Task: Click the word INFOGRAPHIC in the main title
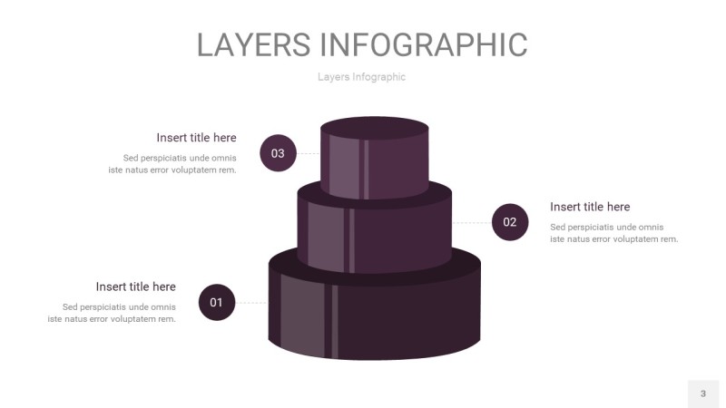(x=424, y=44)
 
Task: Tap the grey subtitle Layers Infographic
(x=361, y=77)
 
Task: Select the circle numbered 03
(x=278, y=153)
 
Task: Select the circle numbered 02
(x=510, y=222)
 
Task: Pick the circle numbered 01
(x=216, y=302)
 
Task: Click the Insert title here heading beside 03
(x=196, y=138)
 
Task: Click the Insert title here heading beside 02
(x=590, y=207)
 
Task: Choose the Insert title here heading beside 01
(x=136, y=287)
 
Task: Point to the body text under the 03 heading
(x=173, y=164)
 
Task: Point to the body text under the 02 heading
(x=614, y=233)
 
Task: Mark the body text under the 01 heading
(x=113, y=313)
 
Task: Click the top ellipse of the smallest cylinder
(x=375, y=127)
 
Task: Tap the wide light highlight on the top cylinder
(x=344, y=168)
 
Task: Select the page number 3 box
(x=702, y=393)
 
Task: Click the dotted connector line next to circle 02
(x=471, y=222)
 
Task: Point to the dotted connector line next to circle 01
(x=251, y=302)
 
